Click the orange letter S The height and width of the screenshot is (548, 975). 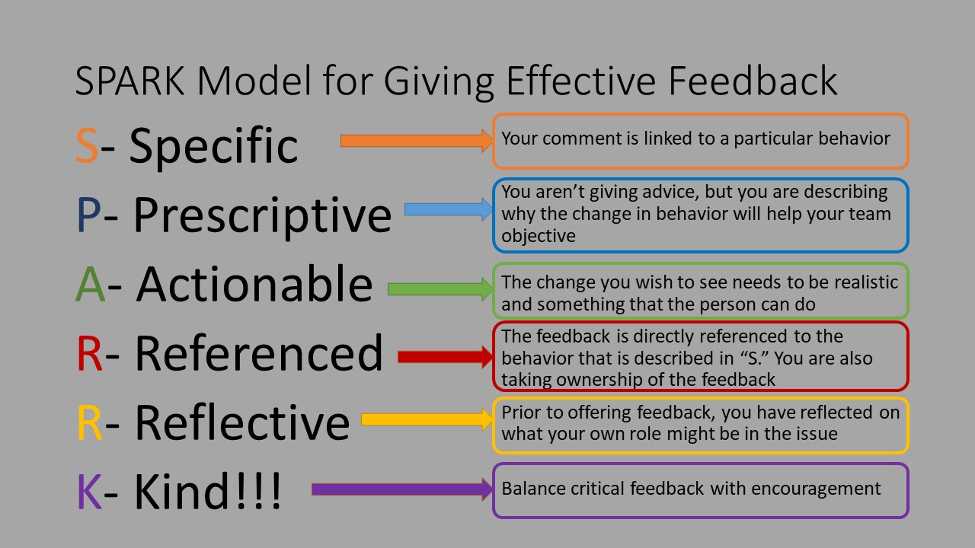(x=87, y=145)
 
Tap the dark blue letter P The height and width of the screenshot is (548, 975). (x=89, y=215)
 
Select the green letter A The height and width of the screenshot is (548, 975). (x=91, y=285)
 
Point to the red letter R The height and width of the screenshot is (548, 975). (x=90, y=354)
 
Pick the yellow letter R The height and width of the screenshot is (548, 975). (x=90, y=423)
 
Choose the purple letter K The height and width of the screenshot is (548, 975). (x=89, y=492)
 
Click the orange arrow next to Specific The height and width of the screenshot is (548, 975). (x=416, y=140)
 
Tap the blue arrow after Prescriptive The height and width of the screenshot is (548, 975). (x=448, y=209)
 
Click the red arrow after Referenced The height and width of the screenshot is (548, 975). (x=445, y=356)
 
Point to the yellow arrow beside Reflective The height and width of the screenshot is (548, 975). (x=427, y=419)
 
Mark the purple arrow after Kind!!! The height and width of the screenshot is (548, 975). (x=401, y=489)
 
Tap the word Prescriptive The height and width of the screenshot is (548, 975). (x=262, y=216)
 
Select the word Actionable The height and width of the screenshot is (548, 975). (x=254, y=285)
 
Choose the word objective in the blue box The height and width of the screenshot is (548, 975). (x=538, y=236)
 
